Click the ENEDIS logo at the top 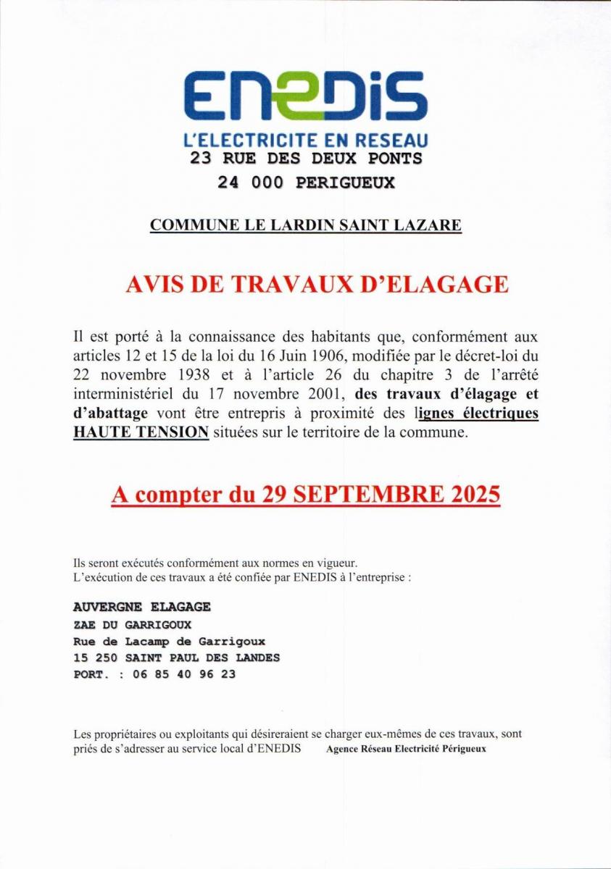305,95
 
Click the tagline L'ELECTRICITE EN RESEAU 305,139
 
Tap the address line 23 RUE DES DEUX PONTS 305,158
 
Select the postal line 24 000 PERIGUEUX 306,182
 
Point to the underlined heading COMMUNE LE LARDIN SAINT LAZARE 305,224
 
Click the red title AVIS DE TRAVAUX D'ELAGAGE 317,284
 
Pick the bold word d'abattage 110,413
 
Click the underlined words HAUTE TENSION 141,432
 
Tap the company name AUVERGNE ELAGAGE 142,607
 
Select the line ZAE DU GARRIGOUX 132,624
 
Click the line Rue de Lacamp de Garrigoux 169,641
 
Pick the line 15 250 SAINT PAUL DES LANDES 176,658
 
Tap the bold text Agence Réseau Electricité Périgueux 406,749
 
